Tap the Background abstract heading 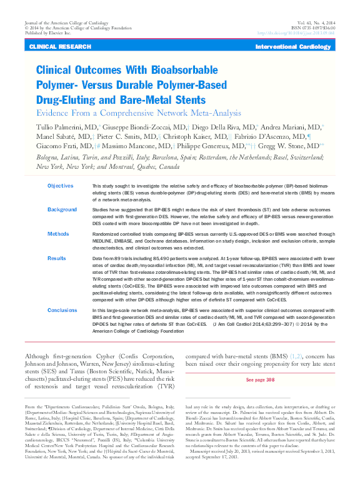tap(62, 209)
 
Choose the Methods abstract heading tap(58, 233)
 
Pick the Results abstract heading tap(57, 257)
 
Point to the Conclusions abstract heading tap(62, 310)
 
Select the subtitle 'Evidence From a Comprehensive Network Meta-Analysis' tap(138, 113)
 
